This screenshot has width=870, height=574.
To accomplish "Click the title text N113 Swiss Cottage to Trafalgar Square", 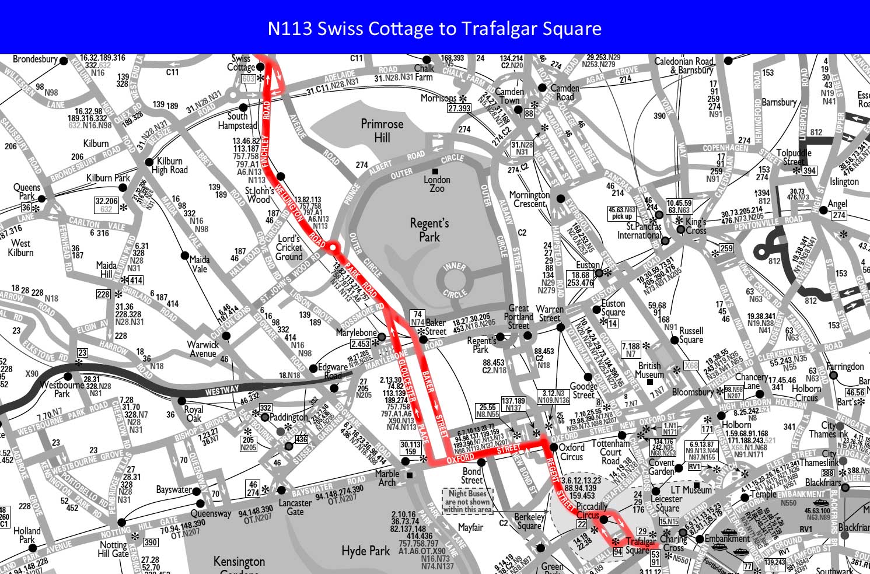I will point(434,28).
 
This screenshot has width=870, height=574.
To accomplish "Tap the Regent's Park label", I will point(429,230).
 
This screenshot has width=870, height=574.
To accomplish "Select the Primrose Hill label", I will point(382,131).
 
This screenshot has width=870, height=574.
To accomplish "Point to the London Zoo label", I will point(437,184).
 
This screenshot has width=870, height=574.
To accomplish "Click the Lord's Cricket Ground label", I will point(289,247).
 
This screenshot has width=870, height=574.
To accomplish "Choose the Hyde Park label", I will point(365,551).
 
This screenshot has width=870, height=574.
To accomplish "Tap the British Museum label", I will point(649,370).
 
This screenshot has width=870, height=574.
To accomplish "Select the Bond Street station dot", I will point(481,462).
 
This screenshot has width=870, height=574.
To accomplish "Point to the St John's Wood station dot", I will point(281,176).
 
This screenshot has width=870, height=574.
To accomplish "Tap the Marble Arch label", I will point(387,478).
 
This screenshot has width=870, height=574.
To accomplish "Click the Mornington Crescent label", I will point(529,199).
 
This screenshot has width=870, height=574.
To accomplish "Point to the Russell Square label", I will point(691,335).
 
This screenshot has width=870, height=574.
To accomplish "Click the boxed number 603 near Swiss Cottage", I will point(249,79).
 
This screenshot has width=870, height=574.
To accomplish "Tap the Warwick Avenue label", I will point(202,349).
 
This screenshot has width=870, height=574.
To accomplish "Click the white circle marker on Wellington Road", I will point(333,248).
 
